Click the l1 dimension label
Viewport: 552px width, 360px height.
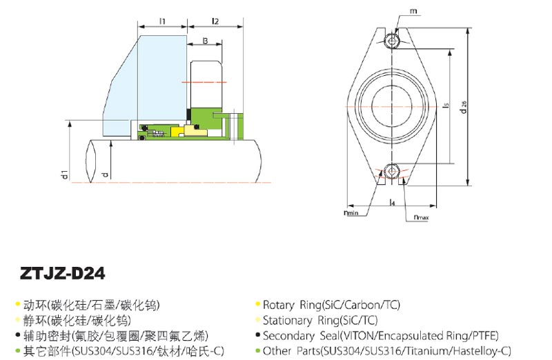[163, 21]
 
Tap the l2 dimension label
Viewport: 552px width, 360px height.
[215, 21]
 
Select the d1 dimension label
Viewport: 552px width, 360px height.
[63, 174]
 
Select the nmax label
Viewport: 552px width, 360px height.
[421, 218]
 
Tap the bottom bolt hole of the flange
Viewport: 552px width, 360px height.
[393, 170]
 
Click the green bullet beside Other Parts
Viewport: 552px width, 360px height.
[257, 351]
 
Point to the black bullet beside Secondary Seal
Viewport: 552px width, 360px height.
[257, 336]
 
